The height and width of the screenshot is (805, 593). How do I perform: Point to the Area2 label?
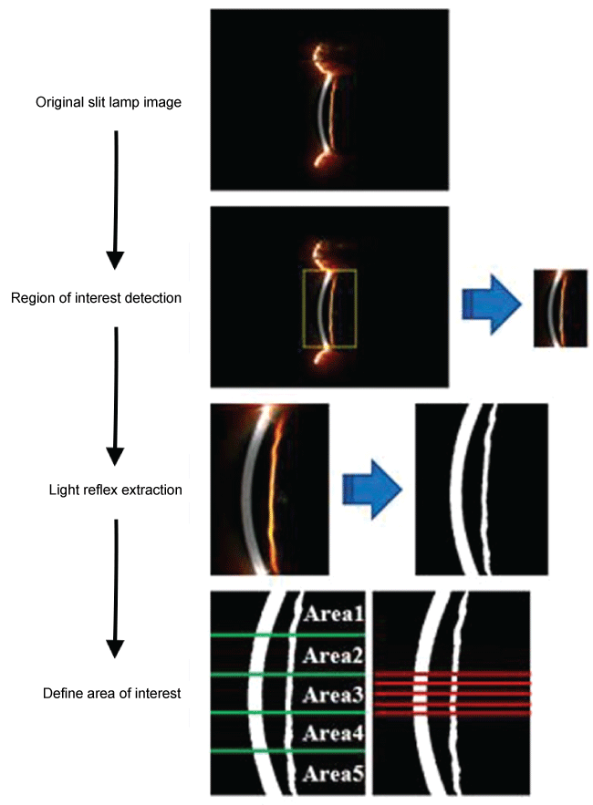[334, 655]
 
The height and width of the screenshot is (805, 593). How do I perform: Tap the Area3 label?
[334, 695]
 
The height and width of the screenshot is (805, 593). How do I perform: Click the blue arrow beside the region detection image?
[493, 307]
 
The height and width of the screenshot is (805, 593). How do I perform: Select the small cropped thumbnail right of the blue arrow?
[560, 307]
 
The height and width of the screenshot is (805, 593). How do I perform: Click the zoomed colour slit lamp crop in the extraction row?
[268, 490]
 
